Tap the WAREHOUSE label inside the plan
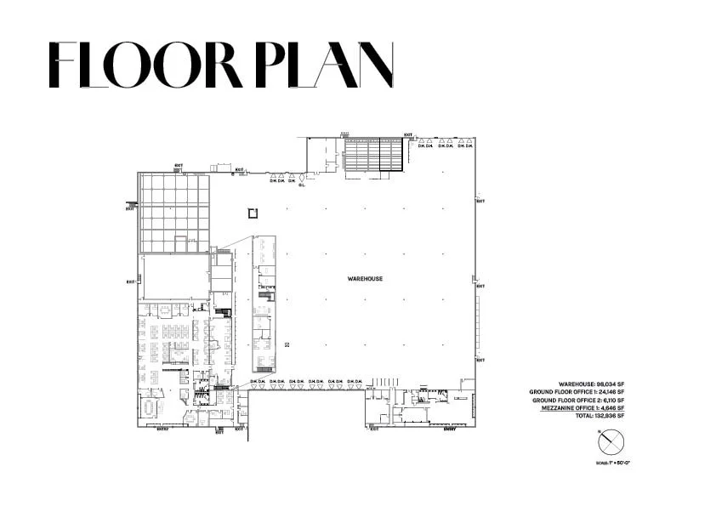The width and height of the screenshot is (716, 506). click(x=365, y=279)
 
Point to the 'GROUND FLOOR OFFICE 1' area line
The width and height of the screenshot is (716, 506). click(x=577, y=392)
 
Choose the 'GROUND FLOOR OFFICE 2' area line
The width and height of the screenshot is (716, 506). click(x=578, y=401)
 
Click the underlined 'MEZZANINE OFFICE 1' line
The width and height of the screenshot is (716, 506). click(x=582, y=408)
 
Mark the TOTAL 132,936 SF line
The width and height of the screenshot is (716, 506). click(x=600, y=416)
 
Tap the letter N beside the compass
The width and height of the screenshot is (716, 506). click(x=601, y=431)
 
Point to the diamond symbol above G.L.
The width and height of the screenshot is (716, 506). click(x=301, y=177)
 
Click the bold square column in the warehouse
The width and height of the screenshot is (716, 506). click(x=252, y=213)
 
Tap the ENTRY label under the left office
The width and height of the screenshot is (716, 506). click(x=163, y=429)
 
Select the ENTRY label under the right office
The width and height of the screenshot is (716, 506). click(x=449, y=429)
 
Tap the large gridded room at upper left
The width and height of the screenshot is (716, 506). click(x=174, y=213)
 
